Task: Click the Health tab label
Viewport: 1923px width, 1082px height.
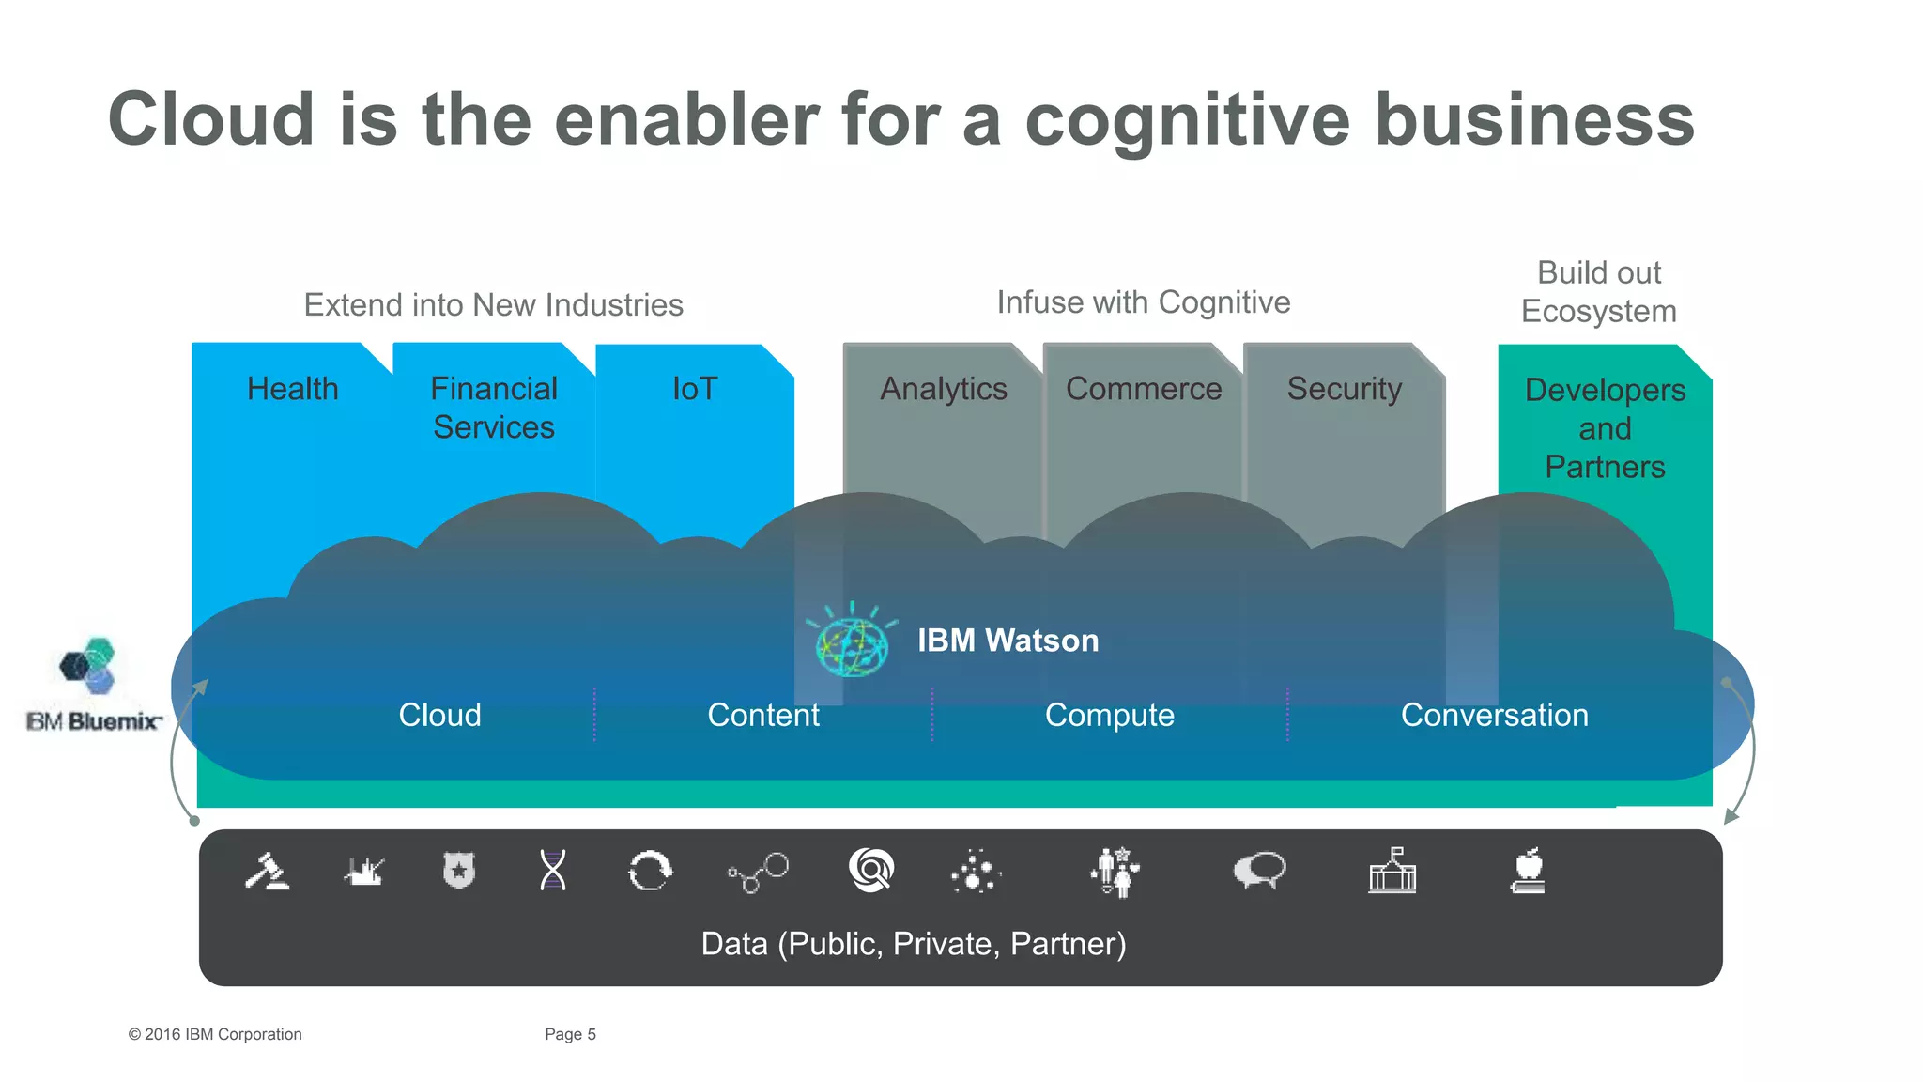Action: pos(292,389)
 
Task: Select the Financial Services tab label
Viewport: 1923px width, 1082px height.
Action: pos(494,408)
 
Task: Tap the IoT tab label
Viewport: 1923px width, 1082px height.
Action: pos(695,389)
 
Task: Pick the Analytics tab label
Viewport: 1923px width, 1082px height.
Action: pos(943,389)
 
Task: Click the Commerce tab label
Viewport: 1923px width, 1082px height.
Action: pos(1143,389)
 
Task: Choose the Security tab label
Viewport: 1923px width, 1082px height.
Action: pos(1344,389)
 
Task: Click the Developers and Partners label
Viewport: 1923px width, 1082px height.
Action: pos(1605,428)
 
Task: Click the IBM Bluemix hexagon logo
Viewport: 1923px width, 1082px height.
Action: pos(88,666)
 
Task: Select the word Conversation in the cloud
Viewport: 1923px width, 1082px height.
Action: pos(1494,716)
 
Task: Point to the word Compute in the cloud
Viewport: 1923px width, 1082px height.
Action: pos(1109,716)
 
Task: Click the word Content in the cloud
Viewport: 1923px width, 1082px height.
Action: pos(762,716)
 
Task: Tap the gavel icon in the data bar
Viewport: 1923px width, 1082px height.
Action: pos(267,872)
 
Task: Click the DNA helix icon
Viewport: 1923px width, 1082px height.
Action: pos(553,871)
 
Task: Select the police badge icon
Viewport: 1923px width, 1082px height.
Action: pos(459,871)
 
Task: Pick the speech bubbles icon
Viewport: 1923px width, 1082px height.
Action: pos(1259,871)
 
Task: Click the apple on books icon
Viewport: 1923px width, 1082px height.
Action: pos(1528,871)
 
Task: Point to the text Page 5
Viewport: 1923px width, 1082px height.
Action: pos(570,1034)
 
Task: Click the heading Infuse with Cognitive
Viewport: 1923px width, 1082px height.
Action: pos(1143,302)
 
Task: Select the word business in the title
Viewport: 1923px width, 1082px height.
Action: pos(1534,120)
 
